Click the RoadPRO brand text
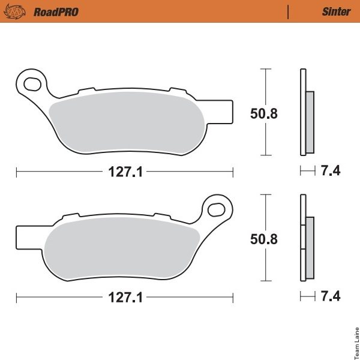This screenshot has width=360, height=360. click(56, 12)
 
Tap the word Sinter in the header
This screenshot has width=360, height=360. click(337, 11)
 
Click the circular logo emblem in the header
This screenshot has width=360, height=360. click(15, 12)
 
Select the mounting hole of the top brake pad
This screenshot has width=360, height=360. click(32, 84)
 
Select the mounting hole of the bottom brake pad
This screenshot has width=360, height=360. click(216, 209)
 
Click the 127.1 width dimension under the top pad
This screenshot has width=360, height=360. click(125, 172)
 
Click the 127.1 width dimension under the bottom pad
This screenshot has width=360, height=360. click(125, 298)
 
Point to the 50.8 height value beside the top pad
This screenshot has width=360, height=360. click(264, 113)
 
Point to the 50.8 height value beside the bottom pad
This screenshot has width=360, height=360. click(264, 239)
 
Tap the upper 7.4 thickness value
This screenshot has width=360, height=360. click(331, 171)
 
